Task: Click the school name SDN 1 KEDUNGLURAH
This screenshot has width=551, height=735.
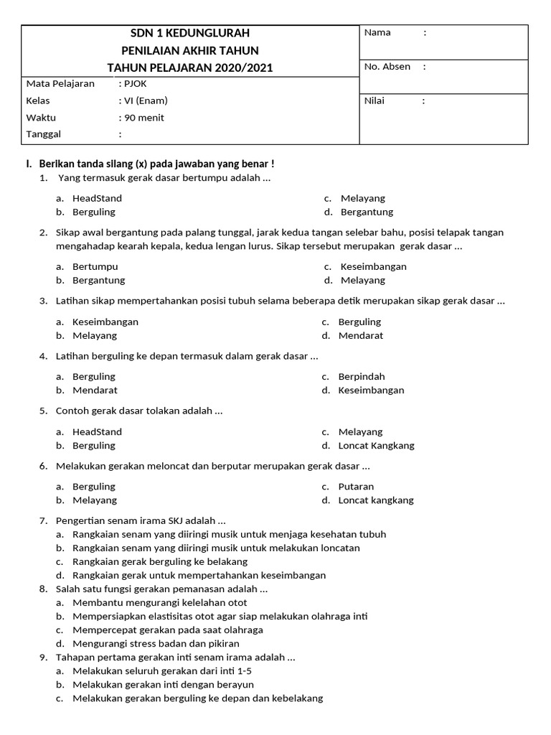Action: (x=190, y=33)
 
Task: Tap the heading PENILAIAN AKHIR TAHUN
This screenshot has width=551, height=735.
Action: (x=190, y=50)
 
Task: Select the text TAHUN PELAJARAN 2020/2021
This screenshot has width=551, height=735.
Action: (x=190, y=67)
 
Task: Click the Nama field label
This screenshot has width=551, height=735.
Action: (x=377, y=33)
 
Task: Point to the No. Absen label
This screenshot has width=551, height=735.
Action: (x=387, y=67)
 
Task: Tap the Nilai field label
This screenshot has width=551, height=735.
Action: (x=375, y=100)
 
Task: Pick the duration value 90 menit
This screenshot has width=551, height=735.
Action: (x=144, y=118)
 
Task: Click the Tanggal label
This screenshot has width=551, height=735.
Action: (x=44, y=134)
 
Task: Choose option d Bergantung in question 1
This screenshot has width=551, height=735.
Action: (x=367, y=212)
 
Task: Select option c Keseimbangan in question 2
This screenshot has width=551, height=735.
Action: (x=373, y=266)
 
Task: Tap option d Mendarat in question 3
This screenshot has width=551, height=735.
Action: (x=361, y=335)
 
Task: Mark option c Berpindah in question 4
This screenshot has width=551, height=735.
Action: (x=362, y=376)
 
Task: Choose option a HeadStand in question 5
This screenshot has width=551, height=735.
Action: (x=97, y=431)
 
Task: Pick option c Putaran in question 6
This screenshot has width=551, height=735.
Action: (x=356, y=486)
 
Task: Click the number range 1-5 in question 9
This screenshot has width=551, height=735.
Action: (x=244, y=670)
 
